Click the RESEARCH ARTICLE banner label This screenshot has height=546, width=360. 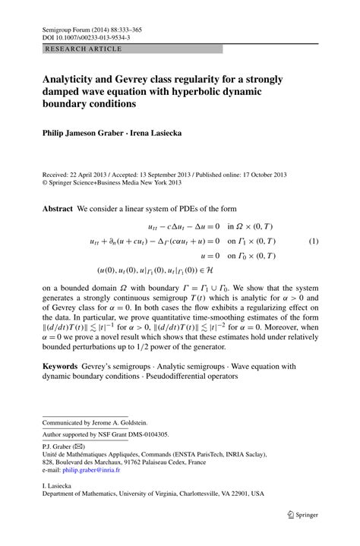[x=73, y=48]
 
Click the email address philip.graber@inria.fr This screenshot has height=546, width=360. [x=100, y=469]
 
